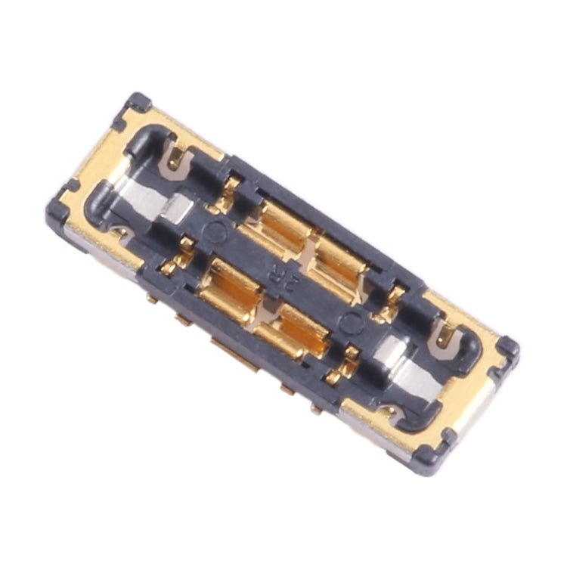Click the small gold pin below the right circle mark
pyautogui.click(x=349, y=355)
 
